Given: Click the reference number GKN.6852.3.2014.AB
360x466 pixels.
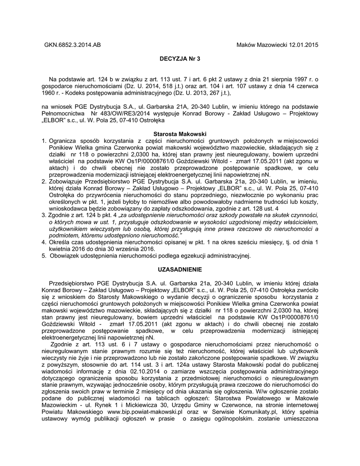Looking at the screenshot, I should [72, 45].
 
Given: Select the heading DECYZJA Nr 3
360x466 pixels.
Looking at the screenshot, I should [180, 59].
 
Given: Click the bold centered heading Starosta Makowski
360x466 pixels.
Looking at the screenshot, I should [180, 134].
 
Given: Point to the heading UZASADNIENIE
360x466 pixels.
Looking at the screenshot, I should [180, 270].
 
